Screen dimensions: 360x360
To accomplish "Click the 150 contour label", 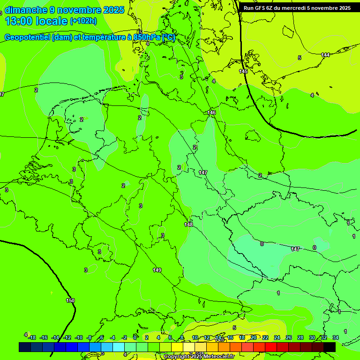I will [x=70, y=300].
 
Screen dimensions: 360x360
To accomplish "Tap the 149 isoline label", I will [x=157, y=270].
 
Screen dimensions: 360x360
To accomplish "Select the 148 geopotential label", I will [x=188, y=225].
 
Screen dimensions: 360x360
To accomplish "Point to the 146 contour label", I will [x=212, y=112].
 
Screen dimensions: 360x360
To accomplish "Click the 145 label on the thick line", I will [x=243, y=71].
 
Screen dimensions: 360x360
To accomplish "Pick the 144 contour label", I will [x=325, y=55].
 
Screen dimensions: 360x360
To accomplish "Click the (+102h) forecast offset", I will [x=83, y=21].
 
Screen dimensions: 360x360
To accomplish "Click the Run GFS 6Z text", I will [x=258, y=8].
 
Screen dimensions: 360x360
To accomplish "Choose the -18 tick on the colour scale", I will [x=31, y=337].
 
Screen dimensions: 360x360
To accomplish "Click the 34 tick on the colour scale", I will [x=336, y=337].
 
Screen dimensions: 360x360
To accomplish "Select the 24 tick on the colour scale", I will [x=277, y=337].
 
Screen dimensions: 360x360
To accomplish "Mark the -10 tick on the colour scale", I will [x=78, y=337].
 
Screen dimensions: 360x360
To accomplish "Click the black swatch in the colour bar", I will [x=329, y=347].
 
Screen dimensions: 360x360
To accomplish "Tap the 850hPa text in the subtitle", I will [x=146, y=37].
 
